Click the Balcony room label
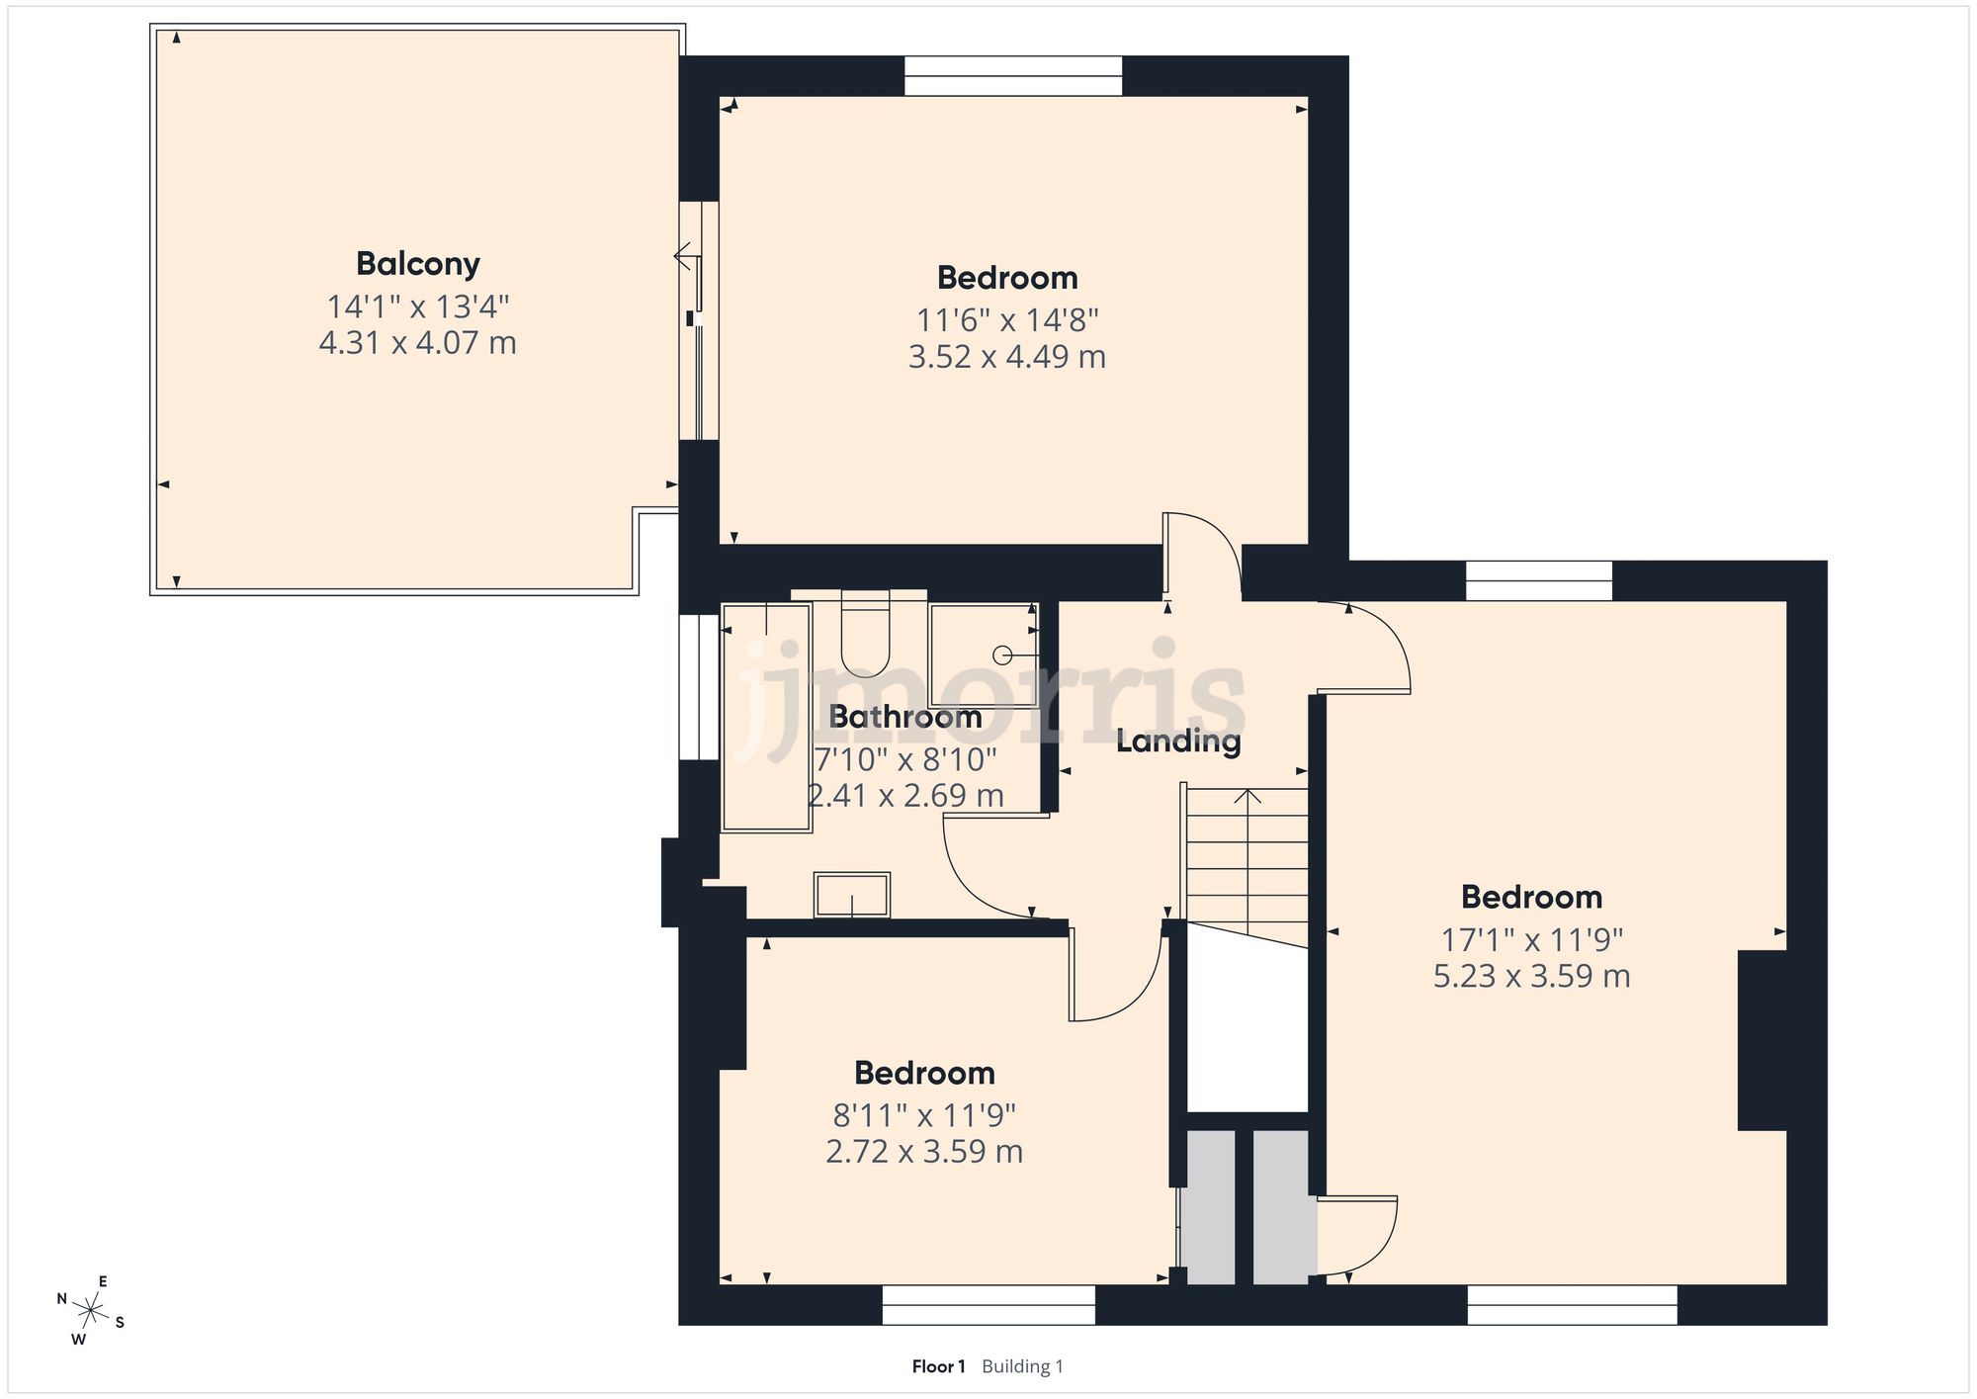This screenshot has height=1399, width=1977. click(x=417, y=264)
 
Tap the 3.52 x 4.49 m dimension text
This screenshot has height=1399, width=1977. click(x=1006, y=356)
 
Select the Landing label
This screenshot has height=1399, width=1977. click(x=1177, y=741)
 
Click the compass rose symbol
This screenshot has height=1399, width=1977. click(x=91, y=1312)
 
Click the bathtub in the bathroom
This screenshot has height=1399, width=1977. click(x=766, y=717)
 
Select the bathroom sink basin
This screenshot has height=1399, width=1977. click(x=851, y=895)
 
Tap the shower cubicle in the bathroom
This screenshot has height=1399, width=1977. click(x=983, y=654)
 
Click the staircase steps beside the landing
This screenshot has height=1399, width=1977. click(x=1247, y=855)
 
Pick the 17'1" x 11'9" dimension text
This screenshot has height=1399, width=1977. click(x=1531, y=939)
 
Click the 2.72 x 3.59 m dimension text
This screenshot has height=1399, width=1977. click(x=923, y=1152)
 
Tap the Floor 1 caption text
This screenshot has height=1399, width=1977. click(x=938, y=1366)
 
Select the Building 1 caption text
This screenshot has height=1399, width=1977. click(x=1022, y=1366)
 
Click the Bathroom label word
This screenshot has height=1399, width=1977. click(x=904, y=716)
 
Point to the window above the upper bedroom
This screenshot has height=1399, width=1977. click(x=1013, y=76)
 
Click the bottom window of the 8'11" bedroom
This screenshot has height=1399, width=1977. click(x=988, y=1305)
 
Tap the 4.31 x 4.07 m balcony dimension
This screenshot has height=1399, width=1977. click(x=417, y=343)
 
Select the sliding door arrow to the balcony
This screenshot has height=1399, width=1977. click(x=683, y=257)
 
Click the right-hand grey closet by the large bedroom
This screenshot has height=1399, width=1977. click(x=1281, y=1207)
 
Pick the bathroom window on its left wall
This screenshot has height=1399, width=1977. click(x=699, y=687)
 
